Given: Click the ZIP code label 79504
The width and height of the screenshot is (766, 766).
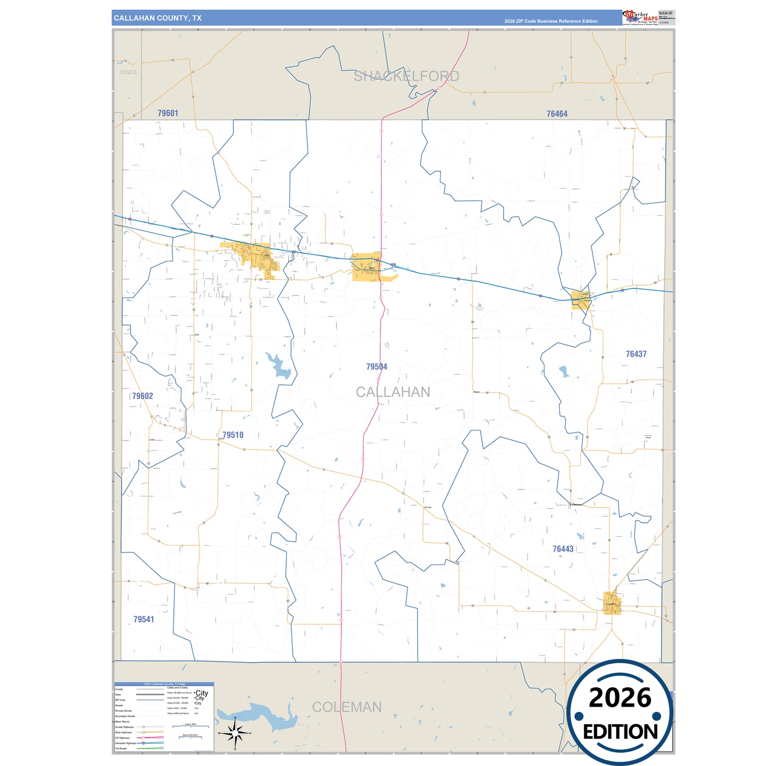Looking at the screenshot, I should point(376,367).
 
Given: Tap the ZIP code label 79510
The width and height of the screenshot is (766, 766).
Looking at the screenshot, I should point(233,435).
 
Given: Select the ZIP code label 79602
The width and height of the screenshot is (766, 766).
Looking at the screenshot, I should point(143,396).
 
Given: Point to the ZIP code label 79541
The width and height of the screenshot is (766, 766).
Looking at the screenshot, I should point(144,619).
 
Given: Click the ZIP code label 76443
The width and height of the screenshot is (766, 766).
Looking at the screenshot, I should point(563,549).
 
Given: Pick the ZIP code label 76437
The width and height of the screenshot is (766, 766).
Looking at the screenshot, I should point(636,354).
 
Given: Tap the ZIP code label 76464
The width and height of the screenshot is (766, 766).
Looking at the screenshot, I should point(557,114).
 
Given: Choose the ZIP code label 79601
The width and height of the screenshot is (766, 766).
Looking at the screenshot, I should point(168,113).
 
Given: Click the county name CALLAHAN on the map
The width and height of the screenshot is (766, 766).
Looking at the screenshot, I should point(393,392).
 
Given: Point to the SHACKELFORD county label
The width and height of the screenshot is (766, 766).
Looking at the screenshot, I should point(406,76).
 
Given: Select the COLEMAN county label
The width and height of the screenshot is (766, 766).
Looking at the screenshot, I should point(347,707).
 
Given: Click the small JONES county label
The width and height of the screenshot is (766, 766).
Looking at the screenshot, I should point(128,72).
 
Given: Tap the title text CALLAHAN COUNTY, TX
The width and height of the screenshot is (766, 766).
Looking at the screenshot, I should point(157,18).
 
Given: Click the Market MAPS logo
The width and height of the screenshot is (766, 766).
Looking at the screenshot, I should point(640,17).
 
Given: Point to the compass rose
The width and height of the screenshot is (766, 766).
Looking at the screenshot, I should point(235,733).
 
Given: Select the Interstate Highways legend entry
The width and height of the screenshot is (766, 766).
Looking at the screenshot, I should point(126,743).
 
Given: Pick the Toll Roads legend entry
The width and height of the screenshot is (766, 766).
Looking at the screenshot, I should point(121,749).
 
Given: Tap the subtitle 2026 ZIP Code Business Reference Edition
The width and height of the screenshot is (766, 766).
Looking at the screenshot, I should point(551,21).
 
